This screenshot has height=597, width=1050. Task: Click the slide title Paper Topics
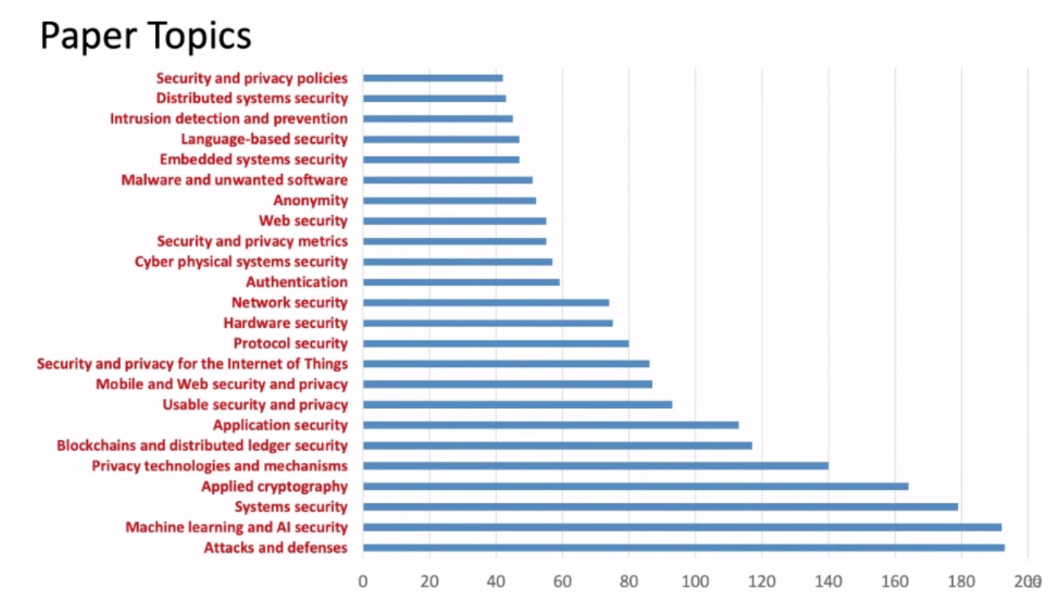pos(145,35)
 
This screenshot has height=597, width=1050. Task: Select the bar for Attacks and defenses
pos(684,548)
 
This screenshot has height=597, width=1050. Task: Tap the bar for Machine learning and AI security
pos(682,527)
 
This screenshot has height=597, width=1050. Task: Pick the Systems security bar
pos(660,506)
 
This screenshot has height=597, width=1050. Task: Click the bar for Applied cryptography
pos(636,486)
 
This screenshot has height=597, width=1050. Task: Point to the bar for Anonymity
pos(449,200)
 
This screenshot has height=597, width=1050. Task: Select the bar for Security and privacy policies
pos(433,77)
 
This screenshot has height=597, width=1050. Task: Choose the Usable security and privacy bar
pos(518,404)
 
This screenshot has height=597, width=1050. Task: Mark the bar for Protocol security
pos(496,343)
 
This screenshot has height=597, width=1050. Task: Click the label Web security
pos(303,220)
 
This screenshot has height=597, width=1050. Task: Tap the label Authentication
pos(296,282)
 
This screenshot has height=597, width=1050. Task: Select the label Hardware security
pos(285,323)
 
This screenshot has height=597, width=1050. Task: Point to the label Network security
pos(289,302)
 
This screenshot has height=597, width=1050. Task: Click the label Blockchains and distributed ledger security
pos(202,445)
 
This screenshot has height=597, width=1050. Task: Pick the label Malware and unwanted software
pos(234,180)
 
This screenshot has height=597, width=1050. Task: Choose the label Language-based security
pos(264,139)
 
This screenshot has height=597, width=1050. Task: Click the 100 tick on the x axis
pos(695,581)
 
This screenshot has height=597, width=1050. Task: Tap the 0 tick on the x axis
pos(363,581)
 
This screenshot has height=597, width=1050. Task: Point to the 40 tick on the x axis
pos(496,581)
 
